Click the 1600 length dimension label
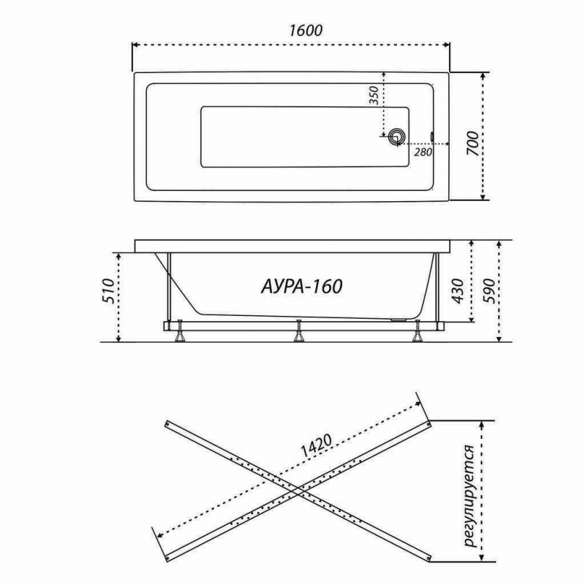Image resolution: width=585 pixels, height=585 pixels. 306,30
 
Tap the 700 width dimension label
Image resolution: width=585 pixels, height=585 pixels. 472,143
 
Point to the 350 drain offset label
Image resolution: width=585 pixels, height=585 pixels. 374,95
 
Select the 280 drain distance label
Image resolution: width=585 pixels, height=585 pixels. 423,152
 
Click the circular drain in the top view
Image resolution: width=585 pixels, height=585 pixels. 396,137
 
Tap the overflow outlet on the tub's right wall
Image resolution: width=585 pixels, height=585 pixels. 432,136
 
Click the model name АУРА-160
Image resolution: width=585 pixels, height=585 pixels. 301,287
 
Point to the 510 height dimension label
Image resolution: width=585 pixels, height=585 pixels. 107,290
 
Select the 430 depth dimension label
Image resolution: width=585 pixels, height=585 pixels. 458,291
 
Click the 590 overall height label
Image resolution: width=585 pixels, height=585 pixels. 488,291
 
